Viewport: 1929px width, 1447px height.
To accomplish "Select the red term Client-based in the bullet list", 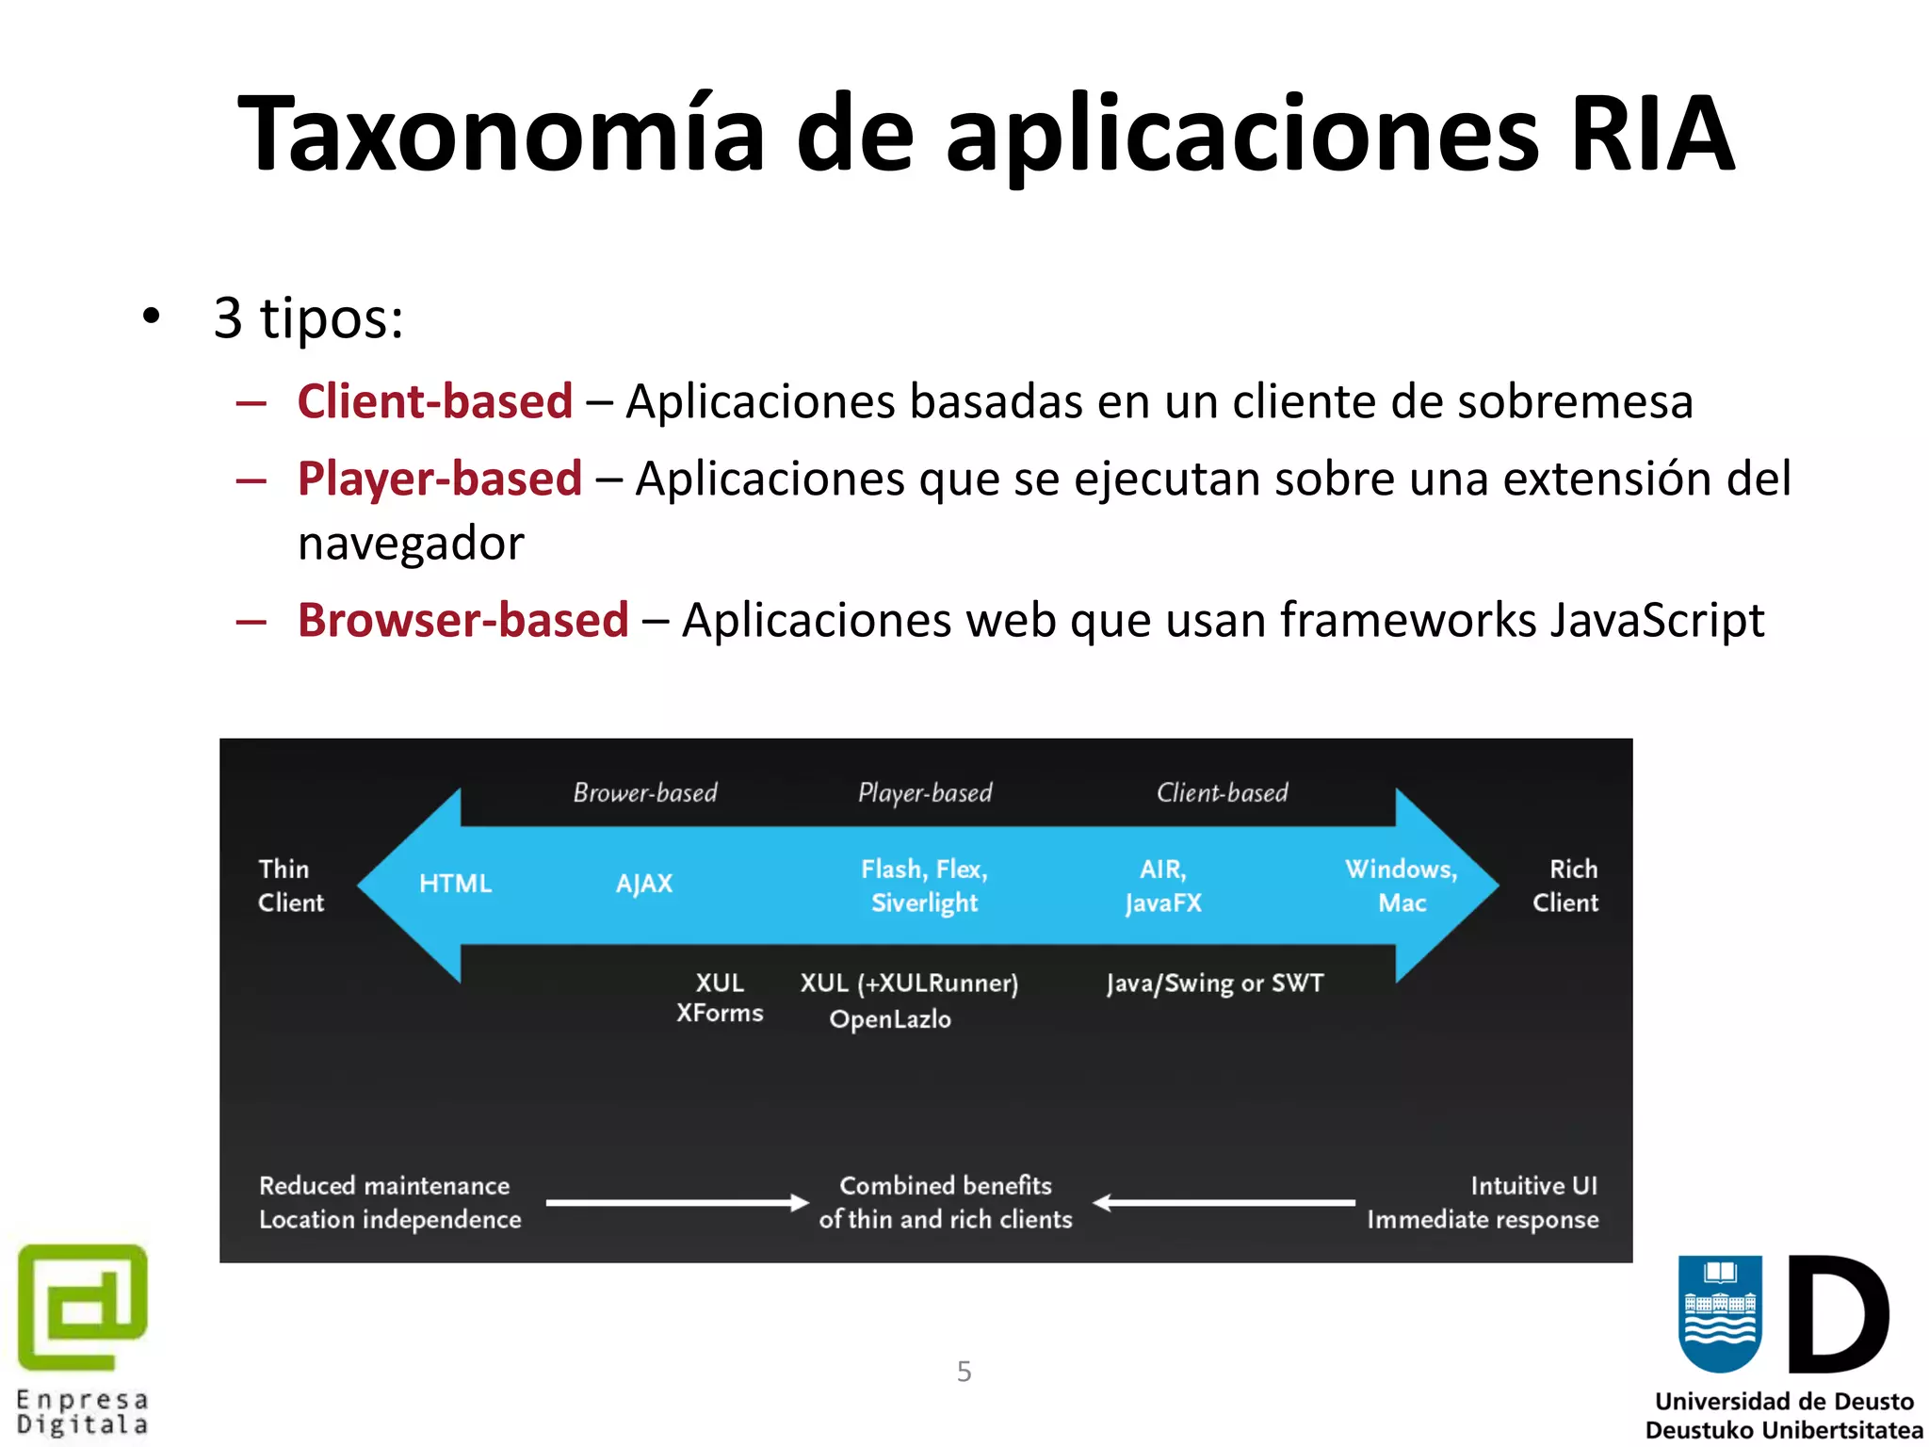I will coord(434,401).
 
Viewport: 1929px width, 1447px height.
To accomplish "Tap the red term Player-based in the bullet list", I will coord(439,479).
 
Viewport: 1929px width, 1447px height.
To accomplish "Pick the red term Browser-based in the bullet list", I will coord(462,620).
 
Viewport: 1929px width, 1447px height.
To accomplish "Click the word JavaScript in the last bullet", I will coord(1657,620).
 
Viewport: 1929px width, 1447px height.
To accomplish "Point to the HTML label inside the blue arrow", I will coord(455,884).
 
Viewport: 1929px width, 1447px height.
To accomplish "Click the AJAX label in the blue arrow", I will coord(644,884).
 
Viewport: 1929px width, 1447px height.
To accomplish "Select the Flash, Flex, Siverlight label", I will coord(924,886).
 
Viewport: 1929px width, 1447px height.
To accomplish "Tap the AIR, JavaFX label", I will coord(1163,886).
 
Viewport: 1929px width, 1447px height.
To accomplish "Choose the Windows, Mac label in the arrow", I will coord(1401,886).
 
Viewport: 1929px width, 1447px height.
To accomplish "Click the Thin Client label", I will coord(290,886).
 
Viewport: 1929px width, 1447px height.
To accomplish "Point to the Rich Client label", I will coord(1565,886).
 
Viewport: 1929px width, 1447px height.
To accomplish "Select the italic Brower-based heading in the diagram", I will coord(645,793).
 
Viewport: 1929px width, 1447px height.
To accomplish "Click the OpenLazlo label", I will coord(890,1019).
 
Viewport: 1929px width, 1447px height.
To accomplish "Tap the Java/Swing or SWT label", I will coord(1215,984).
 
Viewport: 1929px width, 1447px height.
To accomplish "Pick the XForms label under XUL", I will coord(720,1014).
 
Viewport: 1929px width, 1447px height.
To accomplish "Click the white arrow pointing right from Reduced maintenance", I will coord(676,1202).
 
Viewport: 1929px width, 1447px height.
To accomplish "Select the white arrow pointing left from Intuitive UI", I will coord(1224,1202).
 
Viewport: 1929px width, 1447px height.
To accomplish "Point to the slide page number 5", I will coord(964,1372).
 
